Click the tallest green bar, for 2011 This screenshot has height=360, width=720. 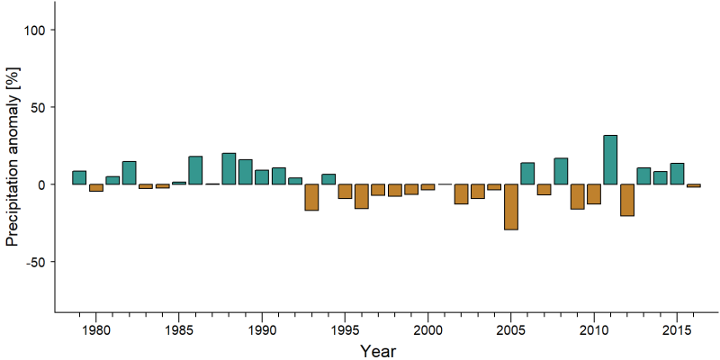pos(610,160)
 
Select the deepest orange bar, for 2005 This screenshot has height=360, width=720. pos(511,207)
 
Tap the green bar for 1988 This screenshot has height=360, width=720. pos(229,168)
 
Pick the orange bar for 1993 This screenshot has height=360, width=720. pos(311,197)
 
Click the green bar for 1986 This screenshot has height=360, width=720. pos(195,170)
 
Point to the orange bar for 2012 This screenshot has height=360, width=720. pos(627,200)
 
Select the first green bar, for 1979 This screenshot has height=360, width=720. pos(79,177)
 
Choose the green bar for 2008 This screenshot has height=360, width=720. pos(561,171)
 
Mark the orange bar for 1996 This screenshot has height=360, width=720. pos(362,196)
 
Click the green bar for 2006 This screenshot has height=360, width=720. pos(527,174)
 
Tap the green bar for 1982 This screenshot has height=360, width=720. pos(129,173)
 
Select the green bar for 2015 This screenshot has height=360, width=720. pos(677,174)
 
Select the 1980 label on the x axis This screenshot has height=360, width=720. pos(95,330)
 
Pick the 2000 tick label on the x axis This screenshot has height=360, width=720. pos(427,330)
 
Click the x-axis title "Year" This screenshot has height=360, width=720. pos(378,351)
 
